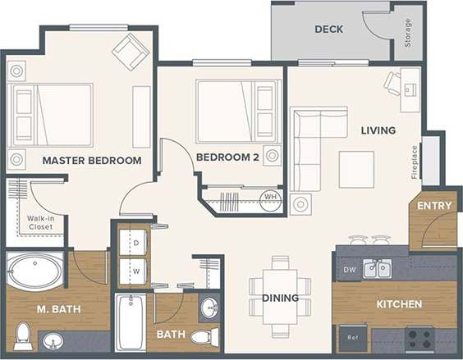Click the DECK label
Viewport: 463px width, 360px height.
(328, 30)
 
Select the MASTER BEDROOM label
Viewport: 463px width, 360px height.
(92, 161)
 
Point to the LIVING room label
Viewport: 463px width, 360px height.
(378, 130)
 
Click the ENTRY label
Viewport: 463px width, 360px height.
(434, 205)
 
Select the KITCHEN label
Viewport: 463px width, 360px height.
(399, 304)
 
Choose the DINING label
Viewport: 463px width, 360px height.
(280, 298)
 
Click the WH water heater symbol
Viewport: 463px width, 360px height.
(269, 197)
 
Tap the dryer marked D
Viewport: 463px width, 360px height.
(133, 243)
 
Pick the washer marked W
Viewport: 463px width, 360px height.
(133, 270)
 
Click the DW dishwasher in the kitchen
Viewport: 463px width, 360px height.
(350, 268)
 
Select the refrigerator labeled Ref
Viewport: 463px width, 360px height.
(353, 336)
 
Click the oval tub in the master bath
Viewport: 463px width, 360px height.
(34, 270)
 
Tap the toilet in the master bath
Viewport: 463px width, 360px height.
(24, 335)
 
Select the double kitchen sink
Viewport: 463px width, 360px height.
(378, 267)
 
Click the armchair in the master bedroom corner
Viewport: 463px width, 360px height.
(131, 51)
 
